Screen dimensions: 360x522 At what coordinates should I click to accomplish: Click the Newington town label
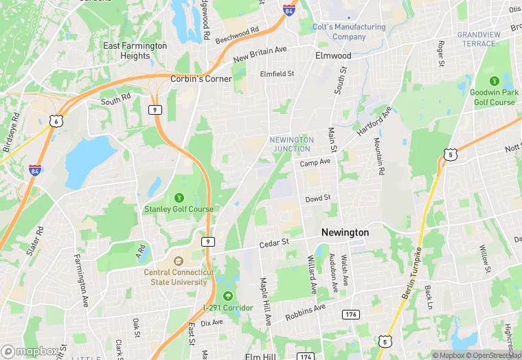coord(345,233)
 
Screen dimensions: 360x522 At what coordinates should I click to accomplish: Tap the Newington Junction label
coord(293,144)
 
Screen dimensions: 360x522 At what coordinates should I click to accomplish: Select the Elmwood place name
coord(333,56)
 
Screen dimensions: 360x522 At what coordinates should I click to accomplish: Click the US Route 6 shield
coord(55,121)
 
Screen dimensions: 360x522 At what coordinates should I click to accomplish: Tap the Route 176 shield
coord(352,314)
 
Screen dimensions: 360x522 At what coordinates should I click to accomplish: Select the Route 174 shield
coord(306,357)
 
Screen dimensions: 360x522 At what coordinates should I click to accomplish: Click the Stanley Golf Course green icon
coord(179,199)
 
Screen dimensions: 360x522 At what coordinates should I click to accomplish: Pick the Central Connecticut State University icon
coord(179,261)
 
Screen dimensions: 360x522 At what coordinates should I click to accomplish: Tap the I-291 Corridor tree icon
coord(227,296)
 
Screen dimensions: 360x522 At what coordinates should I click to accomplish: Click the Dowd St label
coord(318,199)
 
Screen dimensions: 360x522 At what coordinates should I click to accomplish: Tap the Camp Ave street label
coord(315,162)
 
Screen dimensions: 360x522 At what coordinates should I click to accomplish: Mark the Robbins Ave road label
coord(305,313)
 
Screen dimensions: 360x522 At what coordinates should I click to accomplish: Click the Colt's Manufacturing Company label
coord(349,32)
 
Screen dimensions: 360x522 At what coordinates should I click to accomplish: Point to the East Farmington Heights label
coord(135,51)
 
